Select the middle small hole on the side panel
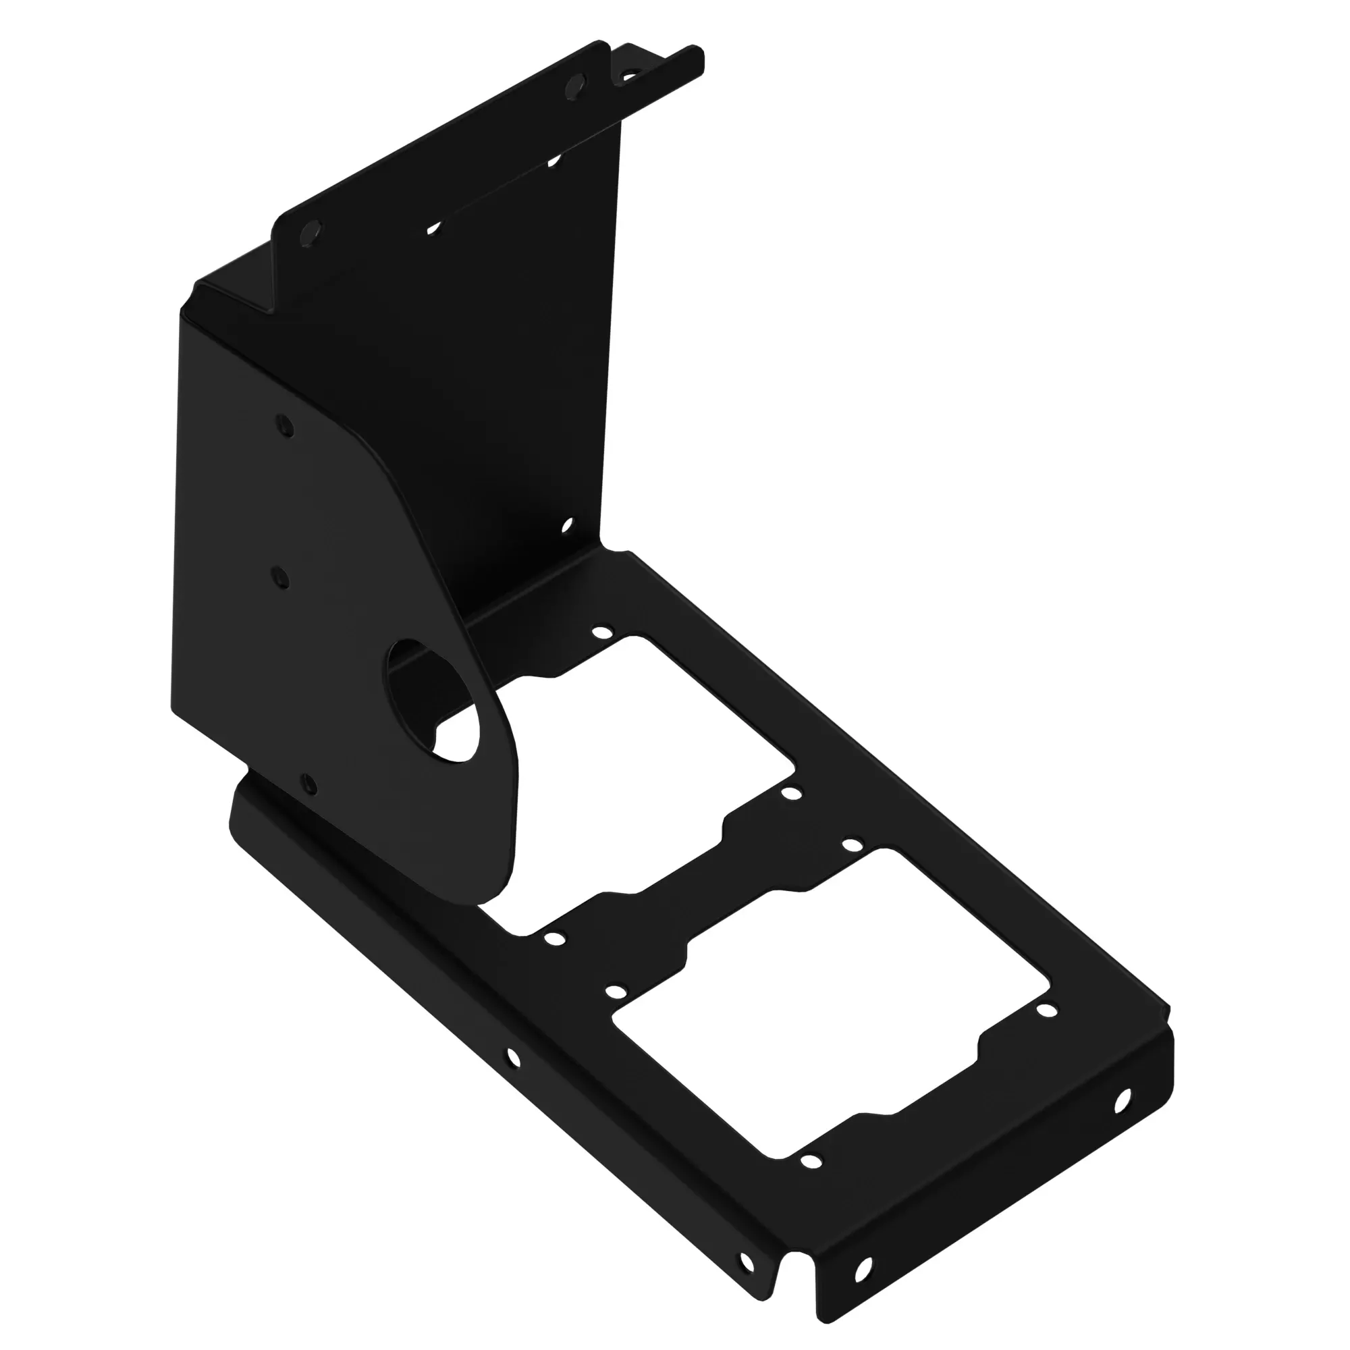(x=279, y=577)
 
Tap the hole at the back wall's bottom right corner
(x=567, y=524)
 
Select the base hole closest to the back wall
(x=599, y=632)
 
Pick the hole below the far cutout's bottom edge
(x=810, y=1162)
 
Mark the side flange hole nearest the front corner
(x=747, y=1241)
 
